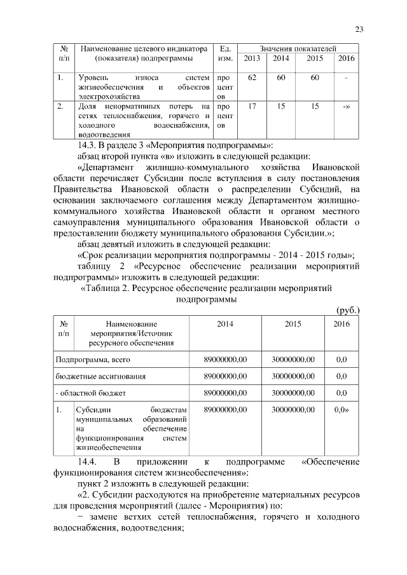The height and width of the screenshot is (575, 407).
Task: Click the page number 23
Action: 359,29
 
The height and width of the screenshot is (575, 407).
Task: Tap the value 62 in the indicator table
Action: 252,78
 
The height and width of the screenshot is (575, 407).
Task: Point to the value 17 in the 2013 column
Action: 252,107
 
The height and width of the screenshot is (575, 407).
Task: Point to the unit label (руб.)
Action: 347,309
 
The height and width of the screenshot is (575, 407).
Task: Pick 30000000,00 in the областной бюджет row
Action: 293,393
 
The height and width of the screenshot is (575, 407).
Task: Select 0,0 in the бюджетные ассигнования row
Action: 341,376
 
